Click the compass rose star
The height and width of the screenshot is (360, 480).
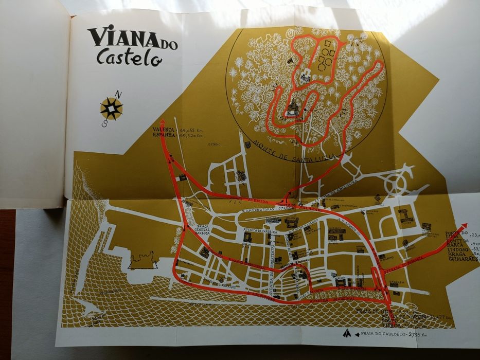[112, 108]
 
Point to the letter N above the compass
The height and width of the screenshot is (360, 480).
[118, 94]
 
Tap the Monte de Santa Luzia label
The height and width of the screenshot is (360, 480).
[294, 152]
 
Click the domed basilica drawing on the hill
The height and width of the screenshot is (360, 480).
[293, 106]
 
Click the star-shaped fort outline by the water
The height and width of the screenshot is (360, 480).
[143, 259]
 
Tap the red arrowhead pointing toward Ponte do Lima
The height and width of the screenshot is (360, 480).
[464, 226]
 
